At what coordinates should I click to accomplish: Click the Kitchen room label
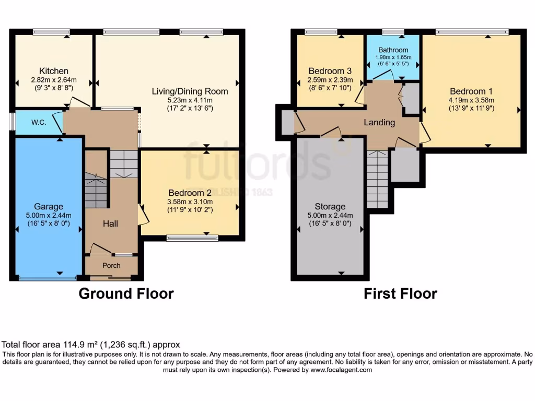pyautogui.click(x=54, y=71)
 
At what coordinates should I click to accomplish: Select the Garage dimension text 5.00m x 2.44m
pyautogui.click(x=49, y=216)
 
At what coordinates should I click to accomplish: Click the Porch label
pyautogui.click(x=111, y=265)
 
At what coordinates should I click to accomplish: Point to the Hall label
pyautogui.click(x=110, y=223)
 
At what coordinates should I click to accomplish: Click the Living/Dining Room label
pyautogui.click(x=190, y=91)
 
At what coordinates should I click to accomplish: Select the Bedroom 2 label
pyautogui.click(x=190, y=192)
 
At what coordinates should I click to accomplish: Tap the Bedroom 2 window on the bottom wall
pyautogui.click(x=192, y=238)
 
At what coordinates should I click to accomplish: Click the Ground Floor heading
pyautogui.click(x=126, y=293)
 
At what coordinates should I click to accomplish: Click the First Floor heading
pyautogui.click(x=400, y=293)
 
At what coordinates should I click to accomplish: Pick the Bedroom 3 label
pyautogui.click(x=330, y=71)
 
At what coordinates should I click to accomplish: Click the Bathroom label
pyautogui.click(x=393, y=50)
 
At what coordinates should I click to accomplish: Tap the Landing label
pyautogui.click(x=379, y=122)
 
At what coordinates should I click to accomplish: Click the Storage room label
pyautogui.click(x=330, y=206)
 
